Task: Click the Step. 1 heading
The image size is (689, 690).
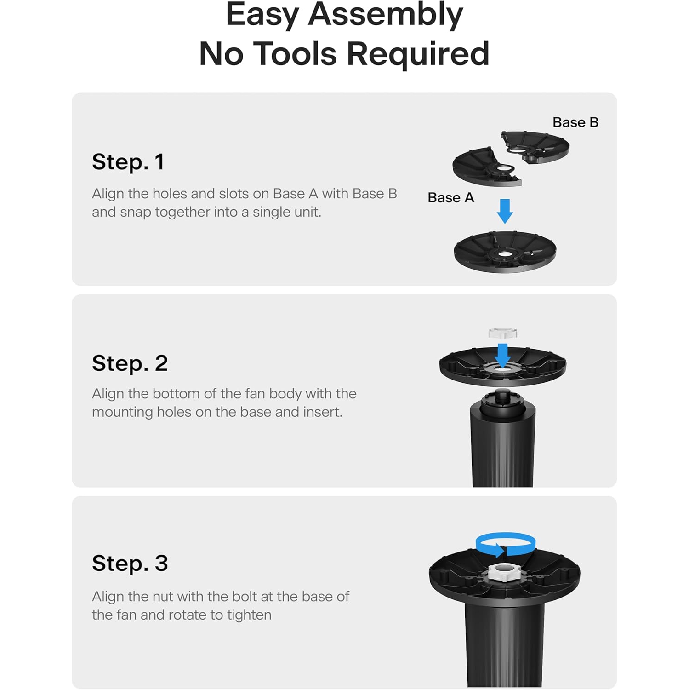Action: point(128,162)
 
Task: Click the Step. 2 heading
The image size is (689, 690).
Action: point(130,363)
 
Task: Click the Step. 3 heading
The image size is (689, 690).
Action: point(130,563)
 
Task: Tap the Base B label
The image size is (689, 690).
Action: point(575,122)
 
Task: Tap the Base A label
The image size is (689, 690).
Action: point(450,197)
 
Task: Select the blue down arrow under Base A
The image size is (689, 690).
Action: point(505,211)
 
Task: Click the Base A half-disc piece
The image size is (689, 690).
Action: point(487,167)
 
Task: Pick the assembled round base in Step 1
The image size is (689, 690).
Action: point(505,252)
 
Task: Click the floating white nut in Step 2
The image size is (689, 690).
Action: point(503,333)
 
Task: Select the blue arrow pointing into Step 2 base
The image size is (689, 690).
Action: point(503,356)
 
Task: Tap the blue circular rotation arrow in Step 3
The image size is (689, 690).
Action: point(505,544)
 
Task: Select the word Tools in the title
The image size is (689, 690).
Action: point(295,54)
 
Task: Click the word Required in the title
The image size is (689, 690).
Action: point(418,54)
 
